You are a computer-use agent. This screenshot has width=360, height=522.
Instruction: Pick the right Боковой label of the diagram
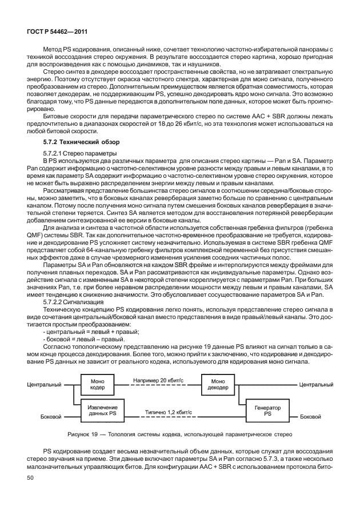point(310,416)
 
